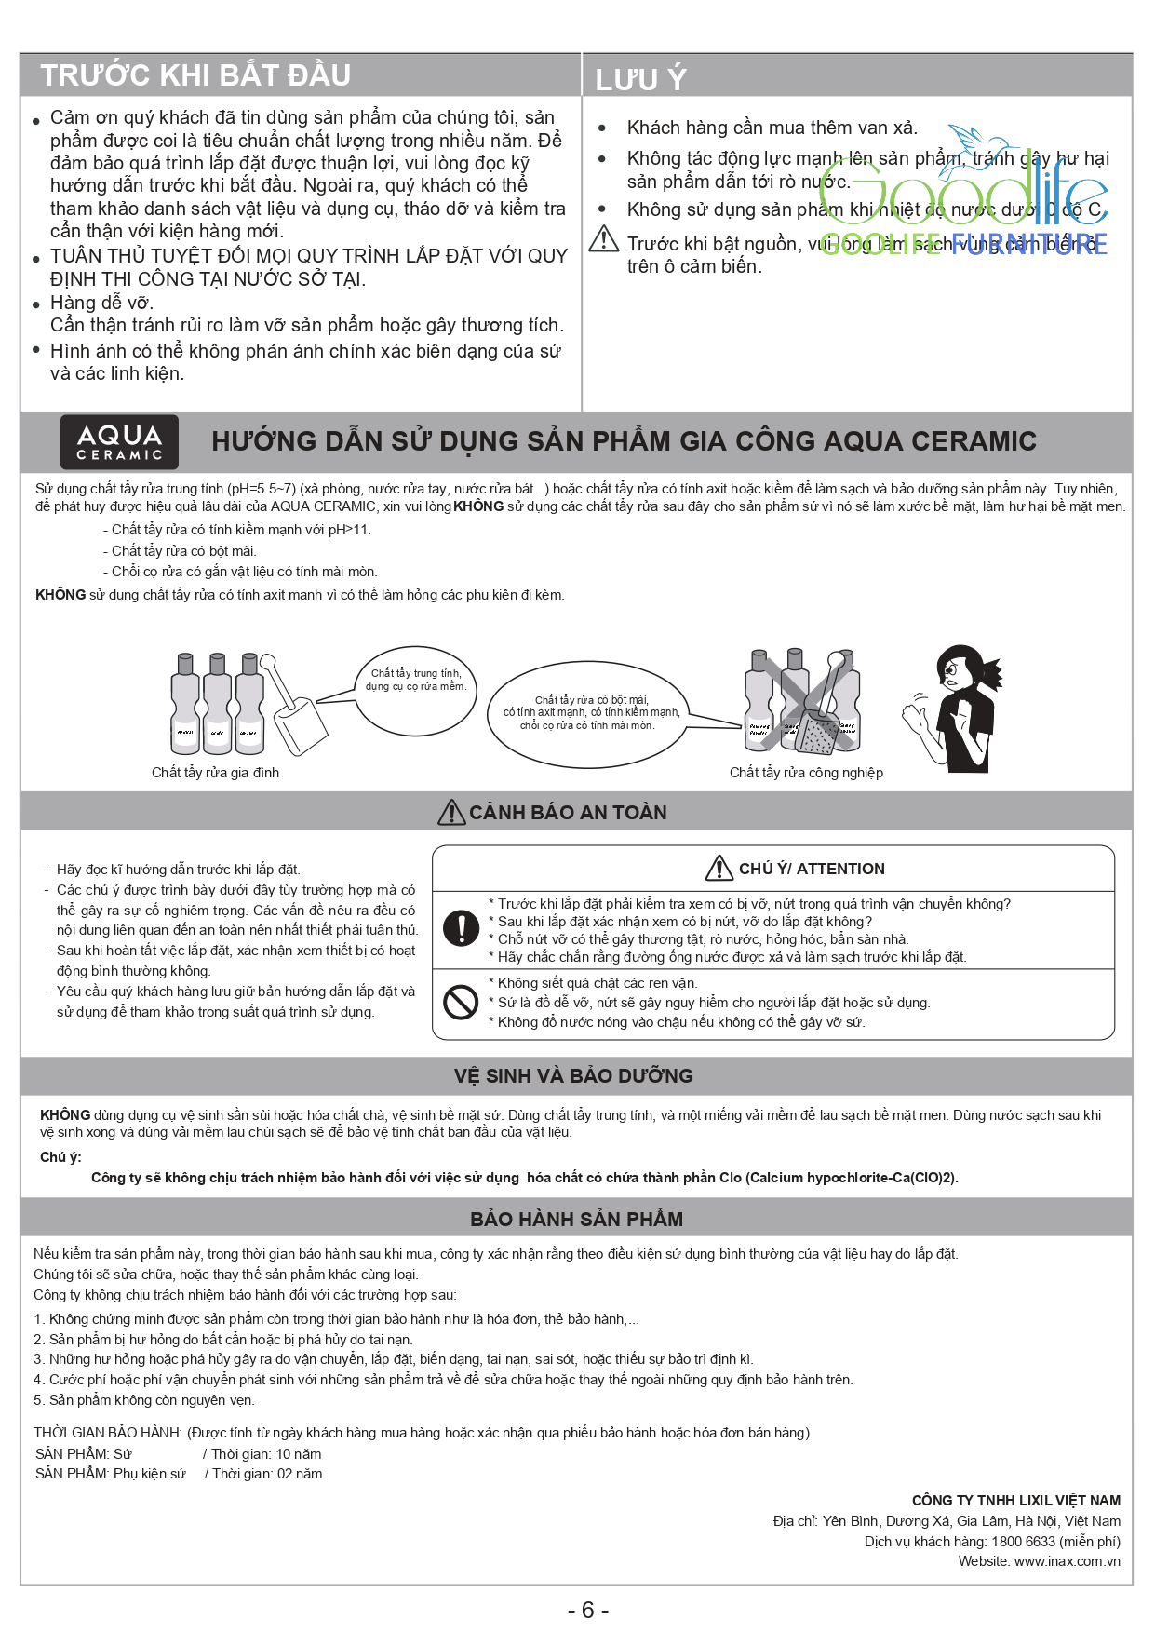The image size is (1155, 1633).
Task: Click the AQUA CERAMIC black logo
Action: [119, 441]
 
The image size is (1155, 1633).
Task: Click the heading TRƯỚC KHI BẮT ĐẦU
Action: [195, 75]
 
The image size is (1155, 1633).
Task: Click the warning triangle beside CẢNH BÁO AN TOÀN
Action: [451, 813]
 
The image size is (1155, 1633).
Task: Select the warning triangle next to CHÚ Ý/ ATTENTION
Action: [719, 869]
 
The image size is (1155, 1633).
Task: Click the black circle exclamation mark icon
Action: [461, 928]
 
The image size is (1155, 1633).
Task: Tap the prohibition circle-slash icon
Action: [461, 1002]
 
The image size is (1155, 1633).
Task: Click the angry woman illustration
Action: [954, 707]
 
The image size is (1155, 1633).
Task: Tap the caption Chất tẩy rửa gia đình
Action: [215, 773]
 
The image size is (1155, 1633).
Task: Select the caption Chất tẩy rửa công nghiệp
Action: [806, 773]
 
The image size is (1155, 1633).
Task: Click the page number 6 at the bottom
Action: [587, 1610]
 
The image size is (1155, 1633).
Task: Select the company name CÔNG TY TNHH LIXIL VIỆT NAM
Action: [1015, 1501]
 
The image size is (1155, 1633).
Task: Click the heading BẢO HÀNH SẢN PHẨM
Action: [576, 1220]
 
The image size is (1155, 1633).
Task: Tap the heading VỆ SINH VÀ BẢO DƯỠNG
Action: [573, 1076]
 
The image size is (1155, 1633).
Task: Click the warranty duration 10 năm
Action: [298, 1454]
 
